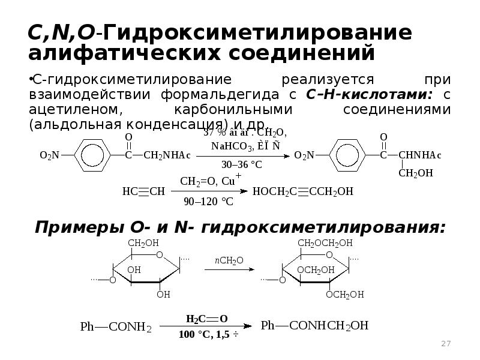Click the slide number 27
tap(446, 344)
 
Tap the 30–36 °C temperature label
tap(242, 164)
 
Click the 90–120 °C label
tap(208, 202)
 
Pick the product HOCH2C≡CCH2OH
tap(304, 191)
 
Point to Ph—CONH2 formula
tap(116, 327)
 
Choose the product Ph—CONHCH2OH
tap(315, 326)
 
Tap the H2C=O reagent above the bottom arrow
tap(206, 318)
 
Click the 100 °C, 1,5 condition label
tap(208, 335)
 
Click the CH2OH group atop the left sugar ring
tap(142, 243)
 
